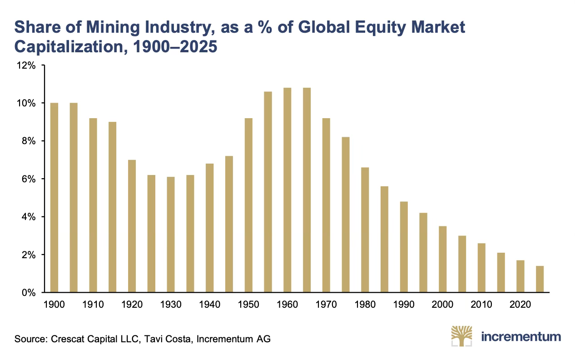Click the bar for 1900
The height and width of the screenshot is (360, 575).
(x=54, y=198)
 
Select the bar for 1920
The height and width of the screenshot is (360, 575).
(x=132, y=226)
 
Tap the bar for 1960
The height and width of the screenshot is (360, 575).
(x=287, y=190)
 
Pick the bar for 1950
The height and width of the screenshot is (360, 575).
(x=248, y=205)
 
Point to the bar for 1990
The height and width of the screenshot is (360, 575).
(x=404, y=247)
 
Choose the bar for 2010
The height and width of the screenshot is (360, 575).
(x=481, y=268)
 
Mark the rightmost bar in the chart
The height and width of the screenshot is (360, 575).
(x=540, y=279)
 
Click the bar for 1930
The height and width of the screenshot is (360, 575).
(x=171, y=235)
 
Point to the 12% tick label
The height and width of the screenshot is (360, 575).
(x=26, y=65)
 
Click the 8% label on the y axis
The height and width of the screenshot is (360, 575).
(x=29, y=141)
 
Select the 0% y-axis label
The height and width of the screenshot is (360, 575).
(x=29, y=293)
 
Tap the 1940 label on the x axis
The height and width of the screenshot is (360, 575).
(x=210, y=305)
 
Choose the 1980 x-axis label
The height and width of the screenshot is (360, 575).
(x=365, y=305)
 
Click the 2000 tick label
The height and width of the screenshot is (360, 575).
(x=442, y=305)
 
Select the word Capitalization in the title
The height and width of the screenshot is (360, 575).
(x=71, y=47)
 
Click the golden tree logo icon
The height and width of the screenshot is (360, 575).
(x=461, y=336)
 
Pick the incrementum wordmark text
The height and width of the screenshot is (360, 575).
(x=521, y=337)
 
